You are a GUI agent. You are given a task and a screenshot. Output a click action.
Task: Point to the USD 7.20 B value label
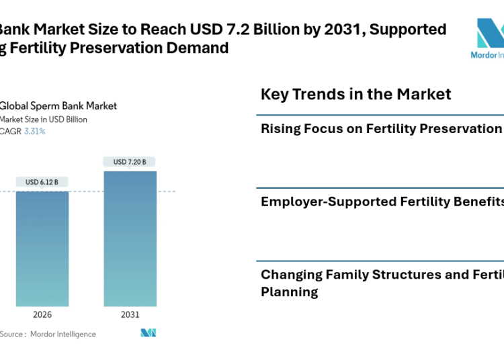click(130, 162)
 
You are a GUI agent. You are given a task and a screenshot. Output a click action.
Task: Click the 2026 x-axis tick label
click(42, 314)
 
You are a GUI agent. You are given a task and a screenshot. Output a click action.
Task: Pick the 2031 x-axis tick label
click(130, 314)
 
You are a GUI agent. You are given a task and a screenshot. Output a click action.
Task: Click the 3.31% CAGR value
click(35, 132)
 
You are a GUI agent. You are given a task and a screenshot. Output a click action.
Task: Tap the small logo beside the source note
click(149, 333)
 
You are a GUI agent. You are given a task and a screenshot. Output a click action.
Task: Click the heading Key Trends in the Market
click(355, 94)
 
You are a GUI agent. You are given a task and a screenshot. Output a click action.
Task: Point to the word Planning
click(289, 291)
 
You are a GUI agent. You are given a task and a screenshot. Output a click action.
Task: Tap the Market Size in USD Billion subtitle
click(44, 120)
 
